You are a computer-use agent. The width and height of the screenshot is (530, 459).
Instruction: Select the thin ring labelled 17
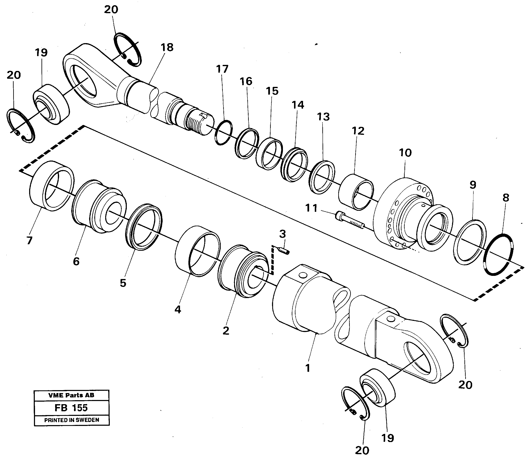point(224,132)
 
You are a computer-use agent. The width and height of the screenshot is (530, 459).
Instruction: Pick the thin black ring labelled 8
point(498,255)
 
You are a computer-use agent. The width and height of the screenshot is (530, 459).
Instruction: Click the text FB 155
point(71,408)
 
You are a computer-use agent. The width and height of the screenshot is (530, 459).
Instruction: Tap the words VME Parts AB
point(71,395)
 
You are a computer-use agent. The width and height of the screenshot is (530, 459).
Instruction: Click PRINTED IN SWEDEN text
point(71,420)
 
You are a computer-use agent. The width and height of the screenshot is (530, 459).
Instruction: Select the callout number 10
point(405,153)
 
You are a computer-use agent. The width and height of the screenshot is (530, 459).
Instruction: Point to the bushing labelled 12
point(356,192)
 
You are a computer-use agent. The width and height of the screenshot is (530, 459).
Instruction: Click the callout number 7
point(30,240)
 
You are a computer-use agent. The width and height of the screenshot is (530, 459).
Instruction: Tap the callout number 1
point(308,368)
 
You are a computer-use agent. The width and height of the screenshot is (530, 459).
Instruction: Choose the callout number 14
point(298,105)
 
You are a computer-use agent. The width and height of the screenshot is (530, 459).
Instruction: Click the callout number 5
point(123,283)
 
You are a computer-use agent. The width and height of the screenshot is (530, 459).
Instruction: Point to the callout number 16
point(246,81)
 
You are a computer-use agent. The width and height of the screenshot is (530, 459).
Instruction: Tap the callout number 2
point(226,331)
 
